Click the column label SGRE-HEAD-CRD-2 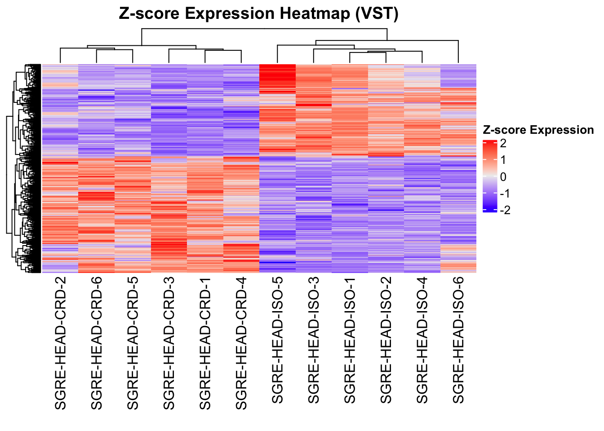tap(60, 343)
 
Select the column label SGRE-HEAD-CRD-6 tap(97, 343)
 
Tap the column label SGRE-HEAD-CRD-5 tap(133, 343)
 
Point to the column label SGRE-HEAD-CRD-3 tap(169, 343)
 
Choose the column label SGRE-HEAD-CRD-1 tap(205, 343)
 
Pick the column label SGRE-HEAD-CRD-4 tap(241, 343)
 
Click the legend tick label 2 tap(503, 144)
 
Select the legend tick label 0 tap(503, 177)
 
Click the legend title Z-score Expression tap(538, 130)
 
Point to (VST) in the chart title tap(377, 14)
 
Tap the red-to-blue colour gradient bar tap(490, 176)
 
